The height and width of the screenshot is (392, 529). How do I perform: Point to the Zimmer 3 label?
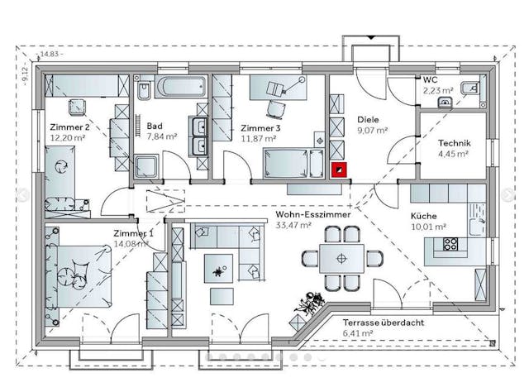point(260,128)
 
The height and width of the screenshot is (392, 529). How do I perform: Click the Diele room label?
point(368,119)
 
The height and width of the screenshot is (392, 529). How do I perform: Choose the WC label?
point(430,79)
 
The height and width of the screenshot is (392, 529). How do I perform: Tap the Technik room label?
point(454,142)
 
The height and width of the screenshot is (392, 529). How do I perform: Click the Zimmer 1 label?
point(132,233)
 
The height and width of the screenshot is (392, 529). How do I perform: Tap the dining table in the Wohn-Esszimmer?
point(338,257)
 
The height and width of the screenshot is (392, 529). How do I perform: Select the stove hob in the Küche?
point(450,244)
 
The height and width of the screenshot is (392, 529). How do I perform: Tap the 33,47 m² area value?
point(293,224)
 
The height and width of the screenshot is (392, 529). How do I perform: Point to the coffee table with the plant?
point(218,270)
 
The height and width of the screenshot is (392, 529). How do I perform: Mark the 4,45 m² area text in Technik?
point(453,153)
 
